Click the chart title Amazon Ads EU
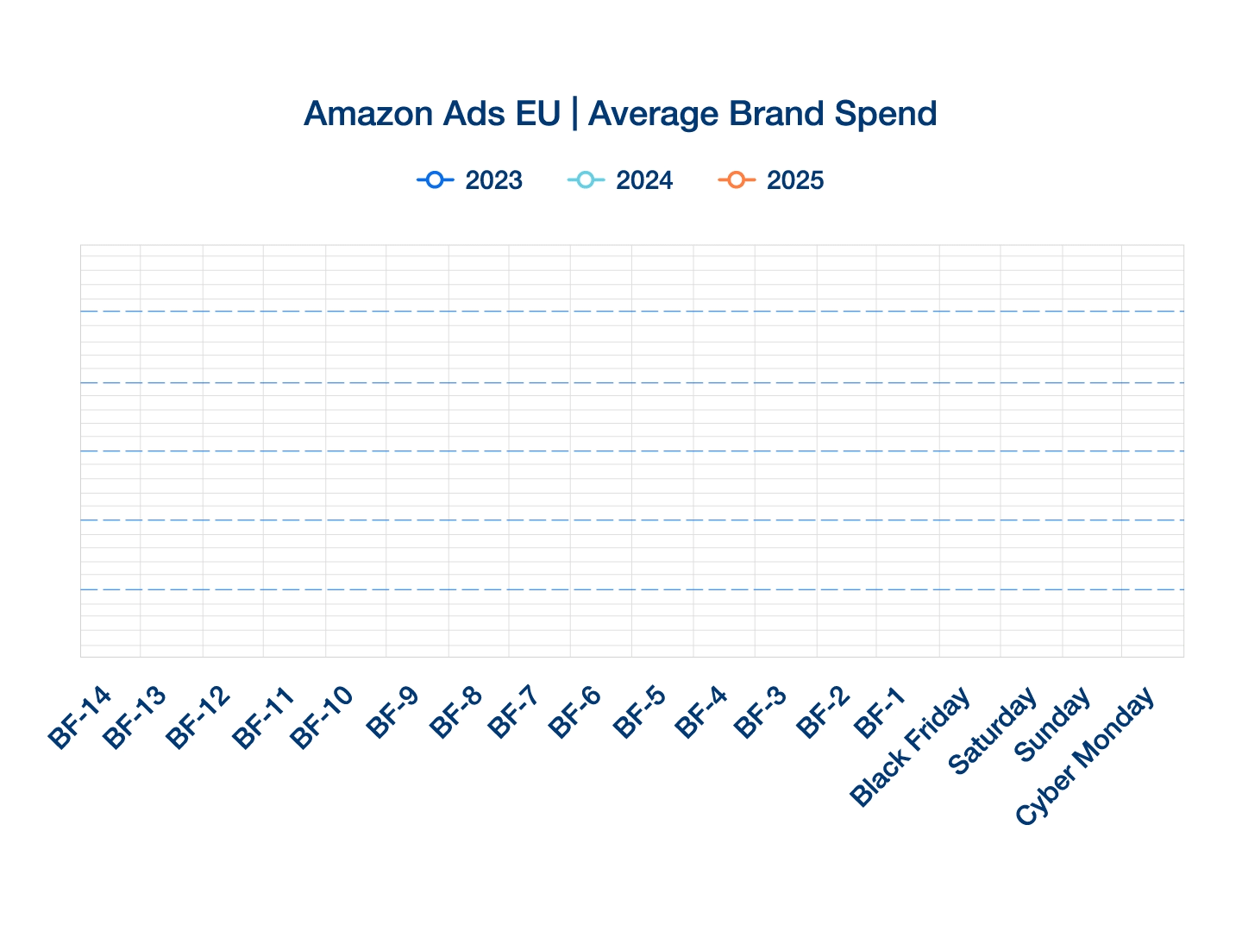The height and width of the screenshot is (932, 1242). (x=431, y=114)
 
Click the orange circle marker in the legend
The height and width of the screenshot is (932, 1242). (x=736, y=179)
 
